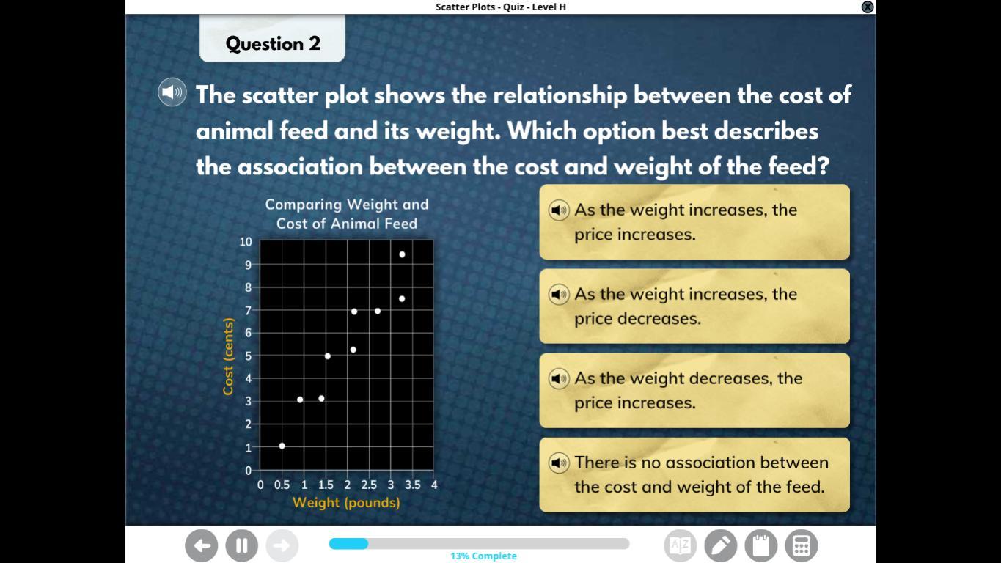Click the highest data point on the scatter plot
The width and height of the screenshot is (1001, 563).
(x=402, y=254)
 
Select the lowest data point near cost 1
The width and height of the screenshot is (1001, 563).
(x=282, y=446)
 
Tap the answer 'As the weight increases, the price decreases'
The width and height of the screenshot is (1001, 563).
(x=694, y=306)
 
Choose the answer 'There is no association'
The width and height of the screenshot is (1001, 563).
(x=694, y=474)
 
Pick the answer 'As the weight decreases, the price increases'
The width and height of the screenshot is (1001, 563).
(x=694, y=391)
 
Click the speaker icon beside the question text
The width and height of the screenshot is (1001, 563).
(x=172, y=92)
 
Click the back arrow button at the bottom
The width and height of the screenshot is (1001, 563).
(x=202, y=545)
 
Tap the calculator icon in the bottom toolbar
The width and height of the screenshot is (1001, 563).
(x=802, y=545)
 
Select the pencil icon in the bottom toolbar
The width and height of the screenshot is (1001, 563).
(x=720, y=545)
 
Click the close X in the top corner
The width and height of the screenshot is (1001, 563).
(x=868, y=7)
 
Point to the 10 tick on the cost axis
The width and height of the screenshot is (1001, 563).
(x=246, y=242)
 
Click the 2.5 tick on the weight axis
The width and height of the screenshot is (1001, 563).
(x=369, y=485)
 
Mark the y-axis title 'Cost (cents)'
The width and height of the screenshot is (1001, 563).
(x=228, y=356)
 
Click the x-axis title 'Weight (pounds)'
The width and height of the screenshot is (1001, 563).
(x=346, y=503)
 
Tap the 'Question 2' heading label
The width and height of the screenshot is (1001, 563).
(x=273, y=43)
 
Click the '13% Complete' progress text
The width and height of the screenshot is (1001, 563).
(x=483, y=556)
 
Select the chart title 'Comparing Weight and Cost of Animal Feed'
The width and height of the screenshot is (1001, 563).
(x=347, y=214)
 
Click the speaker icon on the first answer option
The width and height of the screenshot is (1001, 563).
(x=559, y=210)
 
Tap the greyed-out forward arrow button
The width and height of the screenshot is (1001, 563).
(x=282, y=545)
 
